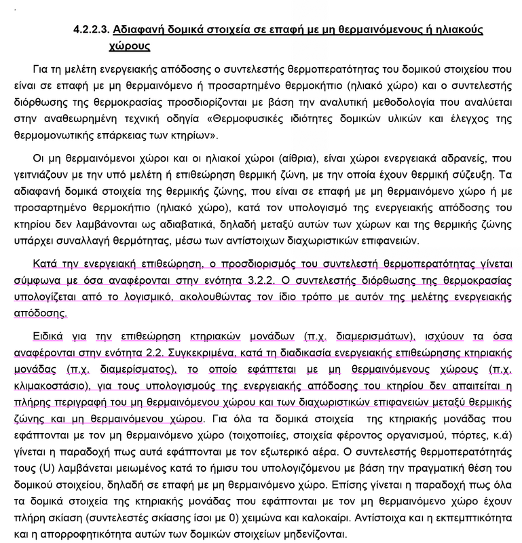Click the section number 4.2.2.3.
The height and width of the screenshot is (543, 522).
[x=91, y=31]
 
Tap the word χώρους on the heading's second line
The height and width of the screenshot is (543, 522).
[x=130, y=48]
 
